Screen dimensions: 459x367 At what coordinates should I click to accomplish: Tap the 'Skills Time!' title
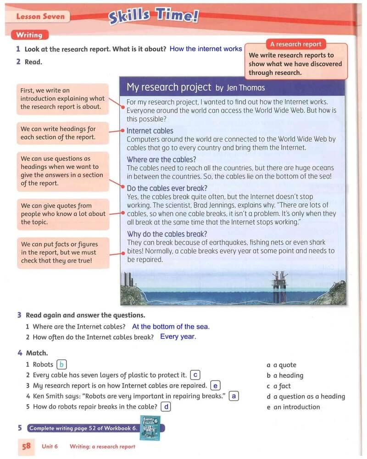click(153, 17)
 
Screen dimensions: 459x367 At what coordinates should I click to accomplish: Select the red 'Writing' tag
click(29, 35)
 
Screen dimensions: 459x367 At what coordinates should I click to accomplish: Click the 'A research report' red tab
click(296, 44)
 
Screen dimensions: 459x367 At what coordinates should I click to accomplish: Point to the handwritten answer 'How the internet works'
click(206, 49)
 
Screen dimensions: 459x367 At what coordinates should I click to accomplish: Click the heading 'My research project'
click(169, 87)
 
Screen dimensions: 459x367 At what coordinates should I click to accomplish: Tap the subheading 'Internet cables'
click(150, 131)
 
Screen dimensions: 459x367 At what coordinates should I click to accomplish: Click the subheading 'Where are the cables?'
click(161, 160)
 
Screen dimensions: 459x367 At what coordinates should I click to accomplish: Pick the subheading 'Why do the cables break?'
click(167, 234)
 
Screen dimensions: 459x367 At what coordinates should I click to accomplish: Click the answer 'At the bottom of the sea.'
click(171, 327)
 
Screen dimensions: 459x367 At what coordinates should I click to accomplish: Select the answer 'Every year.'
click(178, 337)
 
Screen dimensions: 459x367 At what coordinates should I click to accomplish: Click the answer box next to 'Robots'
click(61, 364)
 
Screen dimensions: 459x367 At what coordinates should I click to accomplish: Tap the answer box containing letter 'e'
click(215, 386)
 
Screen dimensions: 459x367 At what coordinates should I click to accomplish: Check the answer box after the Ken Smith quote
click(234, 396)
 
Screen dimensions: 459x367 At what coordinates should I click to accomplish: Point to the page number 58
click(26, 446)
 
